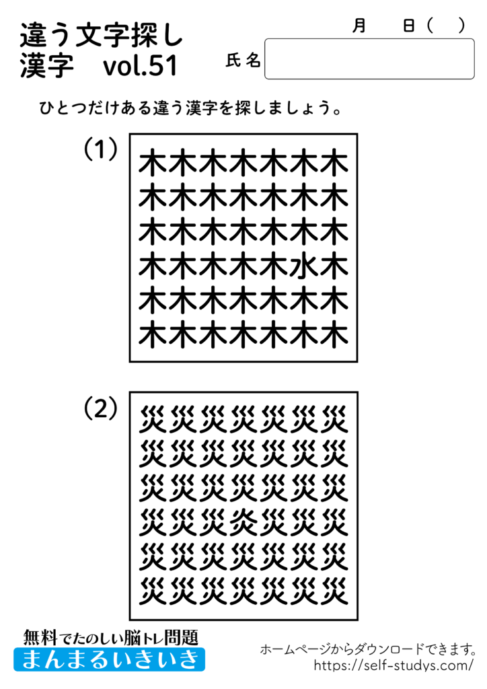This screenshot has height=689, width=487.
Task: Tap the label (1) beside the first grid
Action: click(101, 149)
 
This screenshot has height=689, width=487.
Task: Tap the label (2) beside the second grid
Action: click(101, 408)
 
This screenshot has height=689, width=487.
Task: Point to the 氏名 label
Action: click(243, 61)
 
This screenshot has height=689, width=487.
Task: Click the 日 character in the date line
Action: click(408, 26)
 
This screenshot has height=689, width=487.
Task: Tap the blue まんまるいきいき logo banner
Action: click(109, 659)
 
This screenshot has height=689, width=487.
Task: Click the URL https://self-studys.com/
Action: click(394, 665)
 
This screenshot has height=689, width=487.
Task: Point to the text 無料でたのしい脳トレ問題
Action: click(110, 637)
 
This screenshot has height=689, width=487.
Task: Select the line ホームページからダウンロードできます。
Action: click(369, 649)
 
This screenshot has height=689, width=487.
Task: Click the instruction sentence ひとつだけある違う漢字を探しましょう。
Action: click(190, 108)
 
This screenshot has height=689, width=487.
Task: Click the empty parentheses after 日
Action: click(445, 26)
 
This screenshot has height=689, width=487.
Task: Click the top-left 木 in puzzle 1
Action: click(153, 164)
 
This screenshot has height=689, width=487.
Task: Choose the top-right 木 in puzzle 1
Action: click(334, 164)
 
